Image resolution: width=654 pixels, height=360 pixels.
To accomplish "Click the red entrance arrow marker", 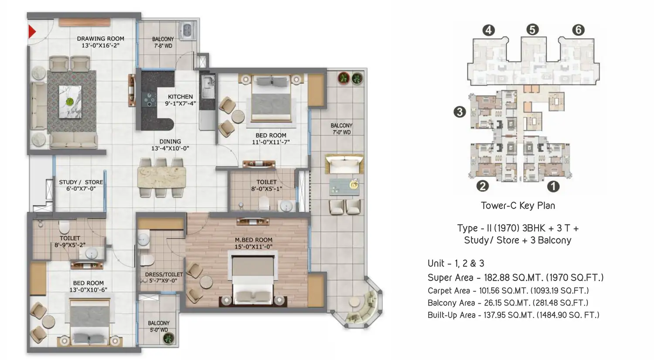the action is coord(31,31).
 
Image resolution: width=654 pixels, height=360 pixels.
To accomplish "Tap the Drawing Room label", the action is coord(100,38).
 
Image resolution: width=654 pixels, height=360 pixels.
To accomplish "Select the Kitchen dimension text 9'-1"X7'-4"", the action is coord(180,103).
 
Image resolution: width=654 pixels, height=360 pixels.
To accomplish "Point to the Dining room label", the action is coord(170,141).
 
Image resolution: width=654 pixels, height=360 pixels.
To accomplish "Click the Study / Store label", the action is coord(81,182).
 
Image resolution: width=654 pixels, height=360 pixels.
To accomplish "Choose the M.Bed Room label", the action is coord(253,240).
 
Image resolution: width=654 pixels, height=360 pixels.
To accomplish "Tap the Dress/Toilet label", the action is coord(164,275).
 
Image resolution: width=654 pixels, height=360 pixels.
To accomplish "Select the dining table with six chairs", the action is coord(161,177).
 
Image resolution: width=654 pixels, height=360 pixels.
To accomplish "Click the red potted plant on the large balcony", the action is coord(344,78).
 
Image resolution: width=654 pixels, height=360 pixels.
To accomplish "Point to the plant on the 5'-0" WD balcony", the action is coord(168,338).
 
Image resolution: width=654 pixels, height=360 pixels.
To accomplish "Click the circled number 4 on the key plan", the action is coord(488,30).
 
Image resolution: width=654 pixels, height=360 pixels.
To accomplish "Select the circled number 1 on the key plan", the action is coord(553,186).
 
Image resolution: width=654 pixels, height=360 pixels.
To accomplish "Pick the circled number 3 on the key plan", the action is coord(460,112).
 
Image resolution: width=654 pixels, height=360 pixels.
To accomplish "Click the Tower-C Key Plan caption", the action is coord(518,206).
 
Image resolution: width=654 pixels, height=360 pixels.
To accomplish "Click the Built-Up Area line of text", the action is coord(513,315).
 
